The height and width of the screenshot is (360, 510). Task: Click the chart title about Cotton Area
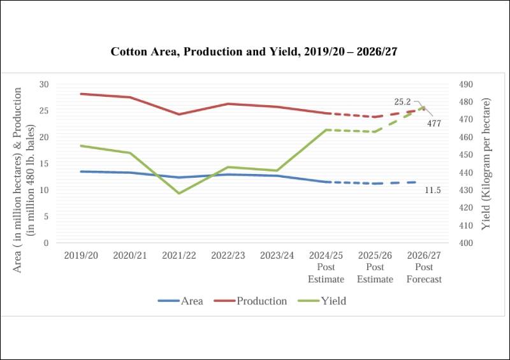coord(254,52)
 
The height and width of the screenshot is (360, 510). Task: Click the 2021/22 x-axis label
coord(180,255)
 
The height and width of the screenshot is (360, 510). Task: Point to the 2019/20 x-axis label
coord(82,255)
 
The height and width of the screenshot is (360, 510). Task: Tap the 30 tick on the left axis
coord(43,84)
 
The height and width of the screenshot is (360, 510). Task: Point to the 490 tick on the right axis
coord(467,84)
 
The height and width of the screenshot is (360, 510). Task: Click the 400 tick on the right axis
coord(467,243)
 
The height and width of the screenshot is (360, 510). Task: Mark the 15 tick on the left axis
coord(43,164)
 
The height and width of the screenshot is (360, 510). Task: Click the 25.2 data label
coord(402,101)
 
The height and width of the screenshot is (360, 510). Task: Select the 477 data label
coord(434,123)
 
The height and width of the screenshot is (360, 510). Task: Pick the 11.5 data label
coord(433,190)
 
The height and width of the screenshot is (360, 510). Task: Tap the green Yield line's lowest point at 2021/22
coord(180,193)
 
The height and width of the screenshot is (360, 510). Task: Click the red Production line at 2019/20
coord(82,94)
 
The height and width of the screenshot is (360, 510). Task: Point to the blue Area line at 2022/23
coord(228,175)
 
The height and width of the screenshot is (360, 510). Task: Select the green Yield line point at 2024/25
coord(326,130)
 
